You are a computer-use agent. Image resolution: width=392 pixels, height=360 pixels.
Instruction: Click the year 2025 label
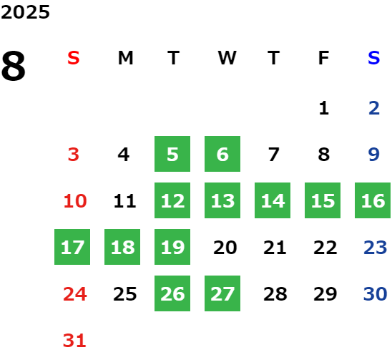[25, 12]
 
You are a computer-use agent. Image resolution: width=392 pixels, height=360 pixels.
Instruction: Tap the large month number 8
[14, 66]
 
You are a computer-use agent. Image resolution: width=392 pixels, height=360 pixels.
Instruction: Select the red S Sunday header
[74, 58]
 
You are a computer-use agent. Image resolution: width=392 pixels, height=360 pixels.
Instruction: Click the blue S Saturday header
[373, 58]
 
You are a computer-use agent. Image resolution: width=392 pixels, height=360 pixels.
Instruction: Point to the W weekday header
[227, 58]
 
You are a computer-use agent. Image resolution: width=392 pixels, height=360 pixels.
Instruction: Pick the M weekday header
[125, 58]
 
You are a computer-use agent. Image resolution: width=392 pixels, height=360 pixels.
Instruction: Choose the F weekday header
[324, 58]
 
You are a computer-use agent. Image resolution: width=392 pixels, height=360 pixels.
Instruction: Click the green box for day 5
[172, 154]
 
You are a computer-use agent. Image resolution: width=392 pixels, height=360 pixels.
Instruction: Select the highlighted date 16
[373, 200]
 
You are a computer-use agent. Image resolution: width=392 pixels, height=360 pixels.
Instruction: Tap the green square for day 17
[72, 247]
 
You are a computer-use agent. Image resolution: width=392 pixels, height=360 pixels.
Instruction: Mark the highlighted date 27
[222, 293]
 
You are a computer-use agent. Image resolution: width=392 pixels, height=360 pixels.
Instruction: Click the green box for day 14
[273, 200]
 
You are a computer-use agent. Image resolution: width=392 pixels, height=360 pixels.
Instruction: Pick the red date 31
[74, 340]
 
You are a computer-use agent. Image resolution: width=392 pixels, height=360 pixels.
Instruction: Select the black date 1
[324, 108]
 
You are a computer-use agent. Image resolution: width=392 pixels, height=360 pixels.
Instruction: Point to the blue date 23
[376, 247]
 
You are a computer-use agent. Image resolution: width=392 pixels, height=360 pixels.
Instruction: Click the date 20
[225, 247]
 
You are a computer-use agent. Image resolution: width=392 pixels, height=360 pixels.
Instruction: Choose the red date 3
[74, 154]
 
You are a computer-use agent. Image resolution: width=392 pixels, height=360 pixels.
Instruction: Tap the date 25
[125, 293]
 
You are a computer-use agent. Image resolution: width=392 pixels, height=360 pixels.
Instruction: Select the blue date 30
[376, 293]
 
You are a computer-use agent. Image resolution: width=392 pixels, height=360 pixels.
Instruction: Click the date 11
[124, 200]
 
